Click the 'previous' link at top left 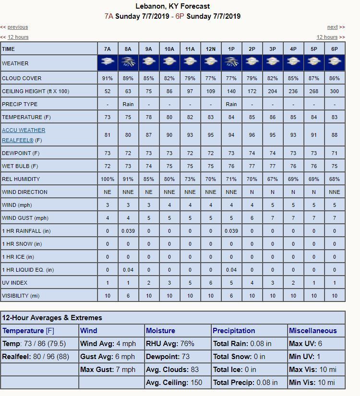coord(18,27)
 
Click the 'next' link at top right coord(333,27)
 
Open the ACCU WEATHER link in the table coord(24,130)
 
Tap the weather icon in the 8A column coord(128,61)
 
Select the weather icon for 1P coord(231,61)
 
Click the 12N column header coord(211,49)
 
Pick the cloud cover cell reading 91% coord(108,78)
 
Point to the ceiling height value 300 coord(335,91)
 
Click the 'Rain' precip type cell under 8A coord(128,104)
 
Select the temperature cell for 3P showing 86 coord(273,117)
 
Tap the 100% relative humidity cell coord(108,179)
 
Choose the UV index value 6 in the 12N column coord(211,283)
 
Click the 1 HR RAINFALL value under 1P coord(231,231)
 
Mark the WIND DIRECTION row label coord(25,192)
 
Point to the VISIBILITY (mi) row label coord(21,296)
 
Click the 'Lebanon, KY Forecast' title coord(173,6)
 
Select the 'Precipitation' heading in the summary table coord(234,331)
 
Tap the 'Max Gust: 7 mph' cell coord(108,370)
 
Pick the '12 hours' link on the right coord(327,37)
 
